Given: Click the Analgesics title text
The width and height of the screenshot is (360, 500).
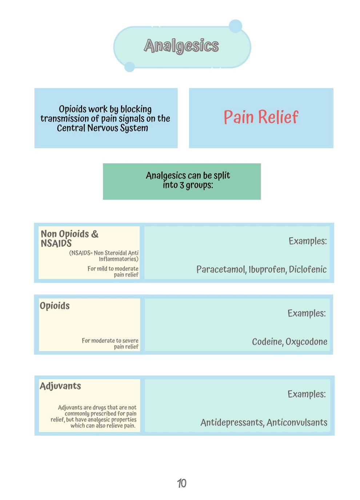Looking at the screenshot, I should click(x=181, y=46).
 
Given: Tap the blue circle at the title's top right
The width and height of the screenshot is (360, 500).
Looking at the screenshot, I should click(x=235, y=26).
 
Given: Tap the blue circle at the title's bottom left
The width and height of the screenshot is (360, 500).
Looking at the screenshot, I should click(x=129, y=67).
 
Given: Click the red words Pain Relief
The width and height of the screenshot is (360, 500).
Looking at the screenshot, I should click(x=261, y=117).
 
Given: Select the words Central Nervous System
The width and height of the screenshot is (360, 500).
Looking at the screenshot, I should click(x=103, y=128).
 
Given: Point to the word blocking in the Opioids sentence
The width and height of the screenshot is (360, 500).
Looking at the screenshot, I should click(x=136, y=109).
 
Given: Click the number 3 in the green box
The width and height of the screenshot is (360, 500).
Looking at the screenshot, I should click(x=181, y=185).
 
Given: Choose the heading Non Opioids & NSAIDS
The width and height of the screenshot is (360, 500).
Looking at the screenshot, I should click(x=69, y=238).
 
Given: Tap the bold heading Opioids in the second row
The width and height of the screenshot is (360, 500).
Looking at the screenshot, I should click(x=55, y=306).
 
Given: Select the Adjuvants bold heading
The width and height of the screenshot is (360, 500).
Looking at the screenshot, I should click(x=60, y=386).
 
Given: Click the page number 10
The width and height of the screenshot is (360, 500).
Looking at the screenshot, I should click(x=181, y=483).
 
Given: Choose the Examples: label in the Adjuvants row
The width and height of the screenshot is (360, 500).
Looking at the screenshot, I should click(x=306, y=394).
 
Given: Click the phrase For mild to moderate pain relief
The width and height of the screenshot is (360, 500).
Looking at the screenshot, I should click(x=113, y=271).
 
